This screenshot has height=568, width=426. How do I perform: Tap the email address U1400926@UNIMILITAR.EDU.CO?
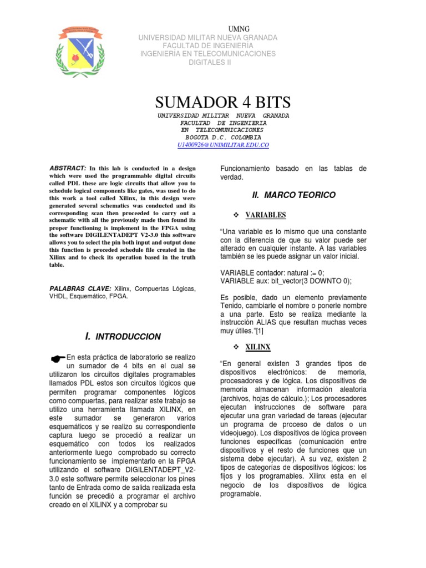click(x=223, y=145)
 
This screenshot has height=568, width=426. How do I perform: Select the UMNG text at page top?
click(x=239, y=29)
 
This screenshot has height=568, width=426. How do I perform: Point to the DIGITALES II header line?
click(x=208, y=62)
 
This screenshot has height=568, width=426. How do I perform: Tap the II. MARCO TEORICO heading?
click(x=293, y=195)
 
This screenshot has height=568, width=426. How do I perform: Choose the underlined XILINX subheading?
click(x=258, y=347)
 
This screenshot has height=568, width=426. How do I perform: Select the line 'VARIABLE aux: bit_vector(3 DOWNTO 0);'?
click(x=286, y=281)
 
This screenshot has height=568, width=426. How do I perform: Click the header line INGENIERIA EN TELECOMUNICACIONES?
click(x=208, y=54)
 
